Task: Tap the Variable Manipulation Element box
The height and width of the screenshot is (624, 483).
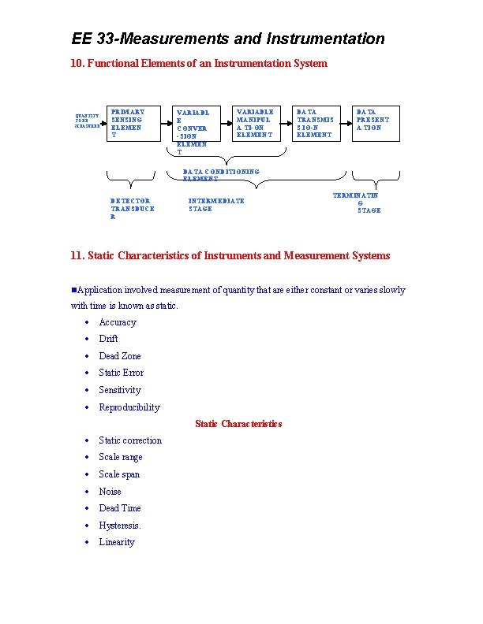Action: (x=255, y=123)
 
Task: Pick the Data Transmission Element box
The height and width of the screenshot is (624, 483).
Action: (x=315, y=123)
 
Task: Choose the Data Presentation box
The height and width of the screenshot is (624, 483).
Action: (x=376, y=123)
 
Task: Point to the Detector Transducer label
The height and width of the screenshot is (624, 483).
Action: (x=132, y=209)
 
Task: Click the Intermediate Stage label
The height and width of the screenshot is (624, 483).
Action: (x=216, y=205)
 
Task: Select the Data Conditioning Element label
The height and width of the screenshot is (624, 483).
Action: (x=220, y=174)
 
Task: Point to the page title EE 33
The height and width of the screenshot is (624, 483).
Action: (x=228, y=39)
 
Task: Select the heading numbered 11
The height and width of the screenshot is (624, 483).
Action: (x=230, y=255)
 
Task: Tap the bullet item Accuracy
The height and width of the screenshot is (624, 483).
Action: (x=118, y=322)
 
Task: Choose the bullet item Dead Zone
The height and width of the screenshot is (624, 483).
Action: (x=120, y=356)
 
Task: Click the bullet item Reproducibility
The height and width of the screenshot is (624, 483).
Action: (x=129, y=407)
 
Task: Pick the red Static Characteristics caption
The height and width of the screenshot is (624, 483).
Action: (x=238, y=424)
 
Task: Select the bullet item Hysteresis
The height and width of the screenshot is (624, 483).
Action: (x=120, y=526)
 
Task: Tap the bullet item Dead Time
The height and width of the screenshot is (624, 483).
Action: (x=120, y=508)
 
